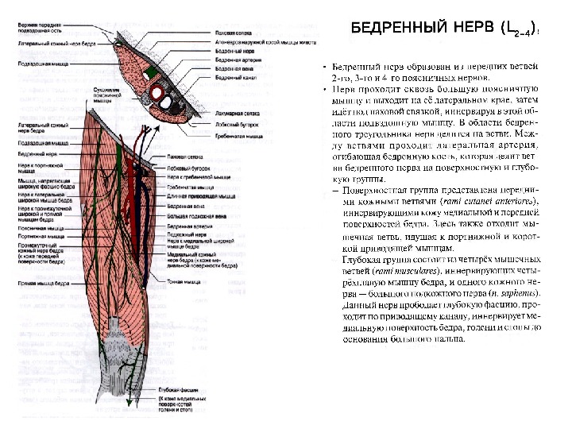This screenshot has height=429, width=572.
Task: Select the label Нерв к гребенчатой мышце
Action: click(x=190, y=178)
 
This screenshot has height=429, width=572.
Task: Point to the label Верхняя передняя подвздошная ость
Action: click(x=39, y=27)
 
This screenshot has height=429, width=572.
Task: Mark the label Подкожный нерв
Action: click(x=184, y=235)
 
